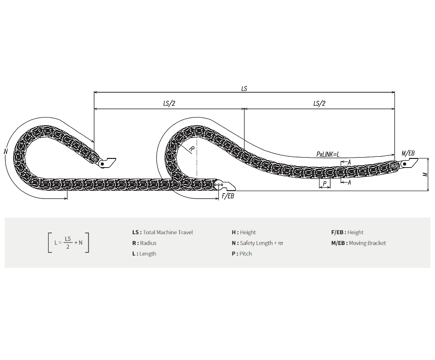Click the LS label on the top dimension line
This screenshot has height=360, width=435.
244,88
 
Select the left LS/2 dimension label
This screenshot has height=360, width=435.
169,104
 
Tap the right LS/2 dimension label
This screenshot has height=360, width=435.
319,104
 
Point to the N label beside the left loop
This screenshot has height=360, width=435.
6,151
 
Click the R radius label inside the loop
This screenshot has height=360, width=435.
192,149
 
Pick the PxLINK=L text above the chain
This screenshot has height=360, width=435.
328,155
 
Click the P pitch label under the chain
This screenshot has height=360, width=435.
325,183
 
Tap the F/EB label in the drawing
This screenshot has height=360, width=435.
228,196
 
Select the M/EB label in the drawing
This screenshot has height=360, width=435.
408,153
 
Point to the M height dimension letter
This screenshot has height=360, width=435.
425,174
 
